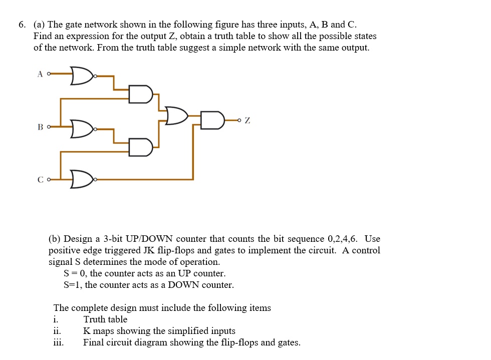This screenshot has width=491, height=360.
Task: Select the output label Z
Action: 248,121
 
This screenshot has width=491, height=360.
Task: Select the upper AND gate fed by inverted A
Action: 140,94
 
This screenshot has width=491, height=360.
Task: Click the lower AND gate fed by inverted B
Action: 140,147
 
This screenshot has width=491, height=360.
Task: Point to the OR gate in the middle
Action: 177,116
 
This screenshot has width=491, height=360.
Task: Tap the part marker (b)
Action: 55,239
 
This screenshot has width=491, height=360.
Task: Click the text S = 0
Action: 74,273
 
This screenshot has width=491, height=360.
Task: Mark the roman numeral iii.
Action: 58,342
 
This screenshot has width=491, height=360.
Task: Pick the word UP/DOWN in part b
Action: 150,239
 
